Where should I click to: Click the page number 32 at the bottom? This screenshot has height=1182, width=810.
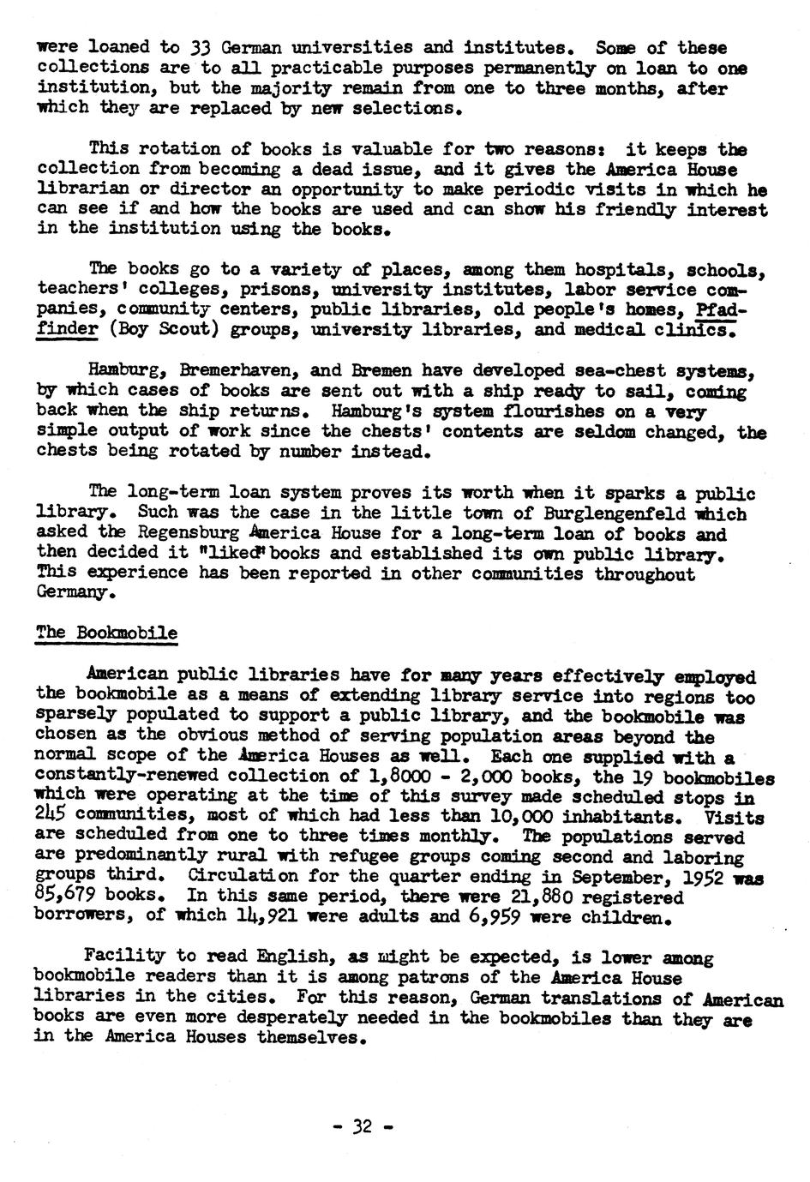[363, 1126]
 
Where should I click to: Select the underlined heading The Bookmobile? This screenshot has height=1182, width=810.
[106, 633]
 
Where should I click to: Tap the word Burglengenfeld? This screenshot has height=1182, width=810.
[615, 515]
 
